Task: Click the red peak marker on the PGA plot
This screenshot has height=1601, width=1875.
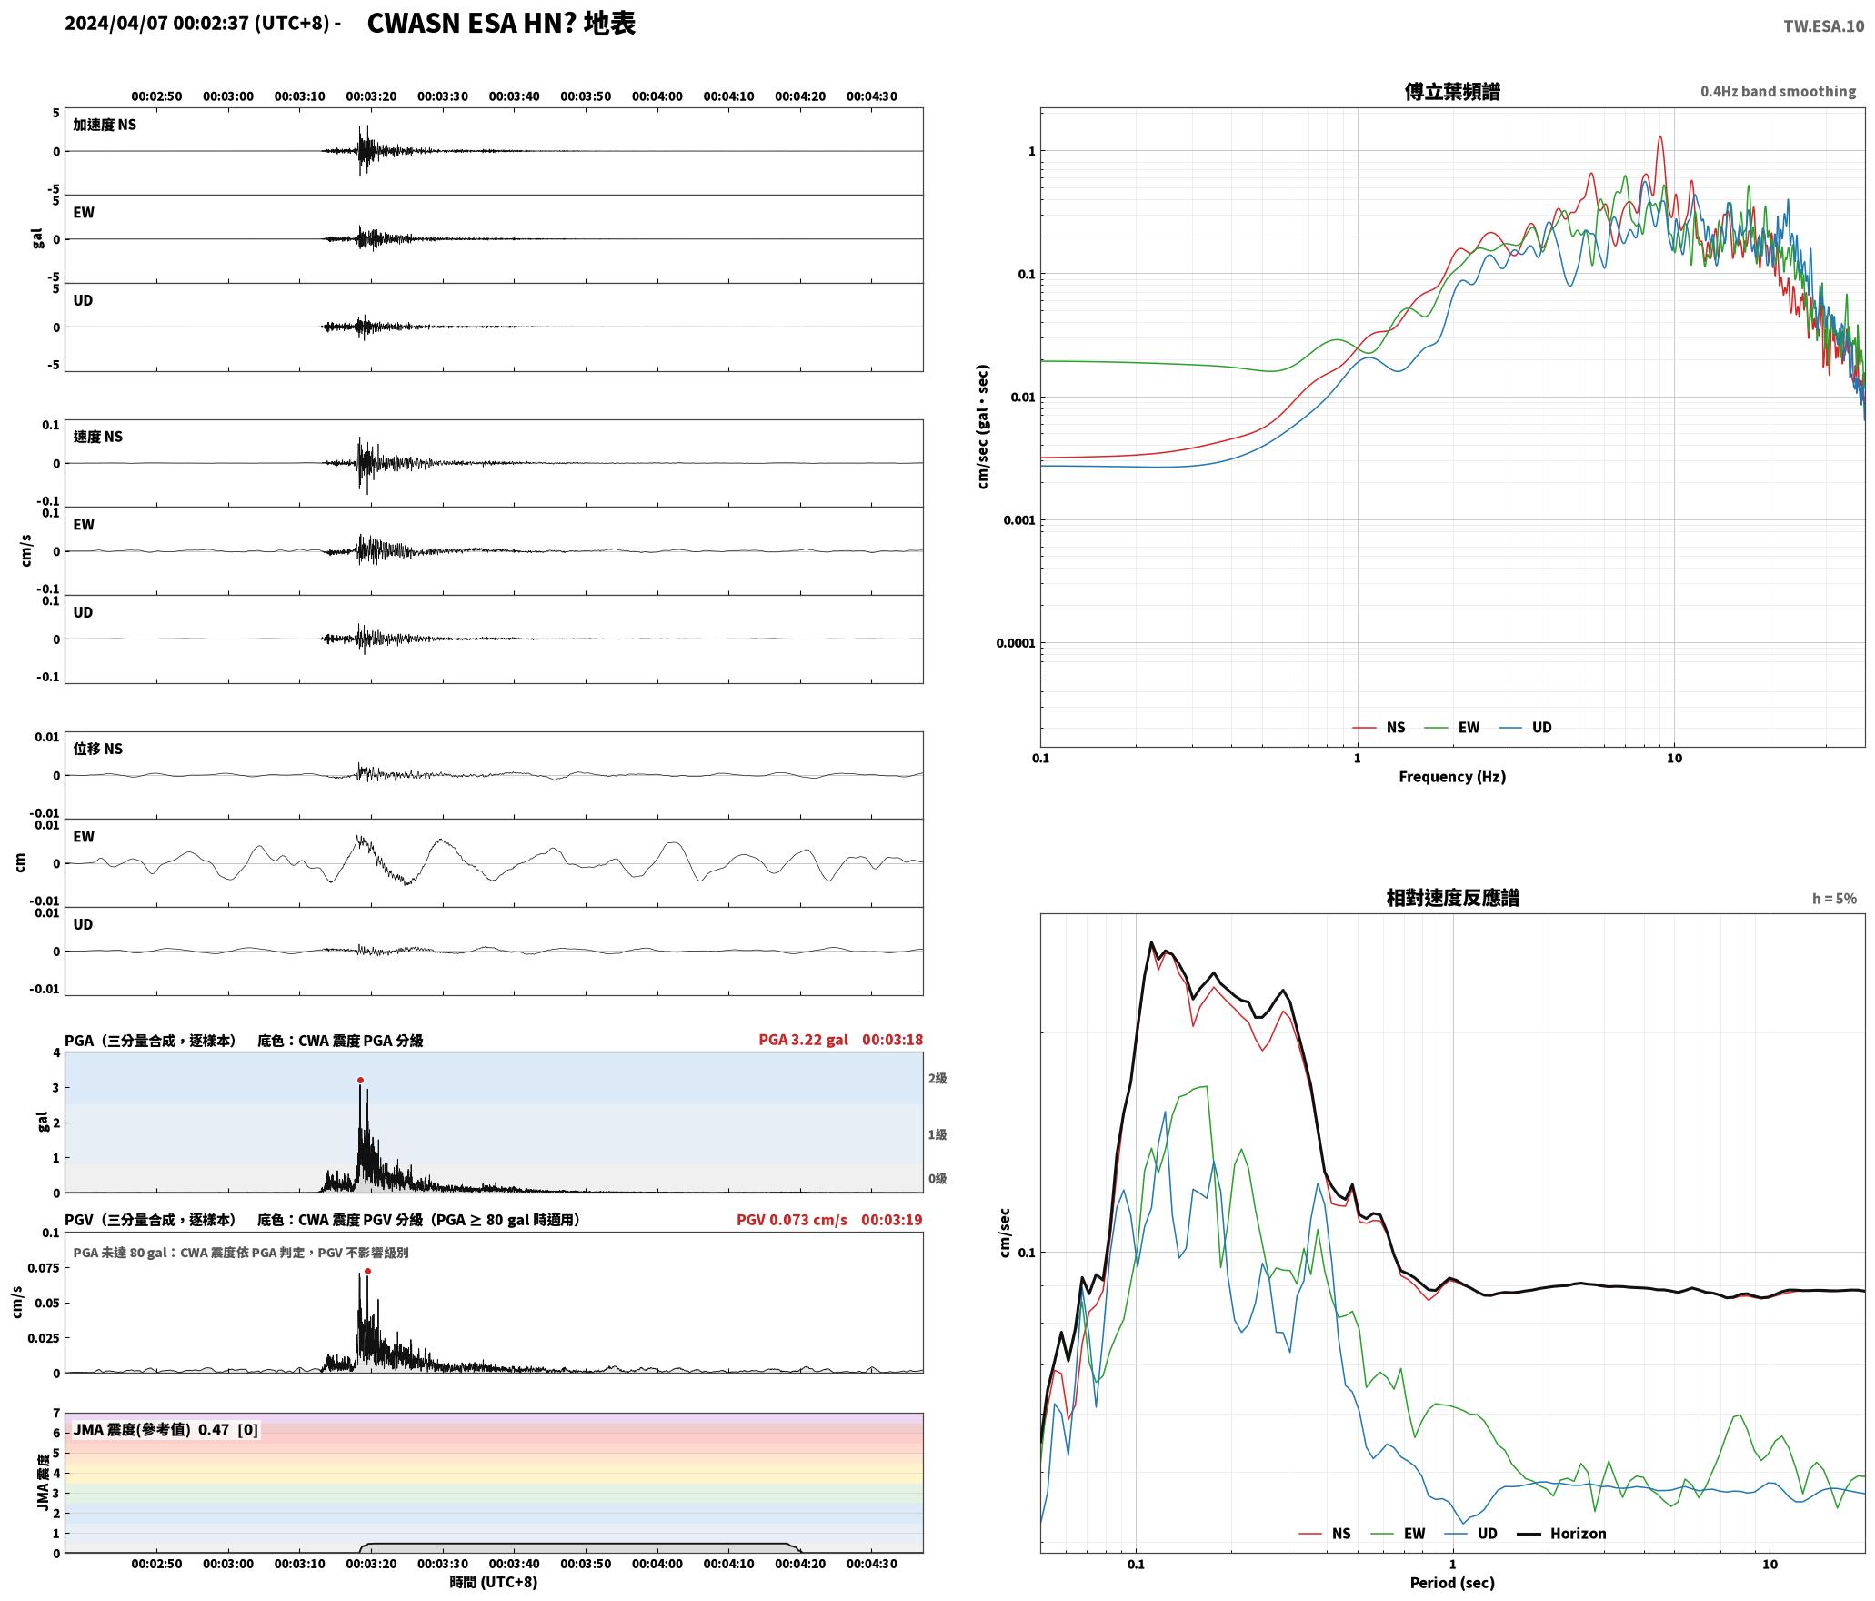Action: point(360,1081)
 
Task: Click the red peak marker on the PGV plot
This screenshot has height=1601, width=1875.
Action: point(367,1272)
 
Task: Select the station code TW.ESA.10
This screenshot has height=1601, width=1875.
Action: point(1823,25)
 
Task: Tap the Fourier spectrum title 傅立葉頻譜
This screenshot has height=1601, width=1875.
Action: point(1452,92)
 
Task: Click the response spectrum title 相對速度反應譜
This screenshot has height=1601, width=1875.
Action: point(1452,898)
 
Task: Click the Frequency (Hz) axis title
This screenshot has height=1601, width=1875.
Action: point(1452,777)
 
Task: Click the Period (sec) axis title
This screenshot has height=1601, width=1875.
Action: point(1452,1583)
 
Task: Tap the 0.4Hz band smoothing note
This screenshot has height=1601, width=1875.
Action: point(1779,91)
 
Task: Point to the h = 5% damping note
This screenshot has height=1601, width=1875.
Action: point(1834,899)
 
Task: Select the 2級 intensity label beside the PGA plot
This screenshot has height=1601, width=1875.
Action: point(937,1078)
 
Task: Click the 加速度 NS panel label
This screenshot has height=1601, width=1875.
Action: point(105,125)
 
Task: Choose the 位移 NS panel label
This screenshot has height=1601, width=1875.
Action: point(98,749)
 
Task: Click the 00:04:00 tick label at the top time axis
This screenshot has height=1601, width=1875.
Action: point(657,96)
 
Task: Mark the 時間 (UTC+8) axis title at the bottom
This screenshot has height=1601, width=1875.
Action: point(494,1582)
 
